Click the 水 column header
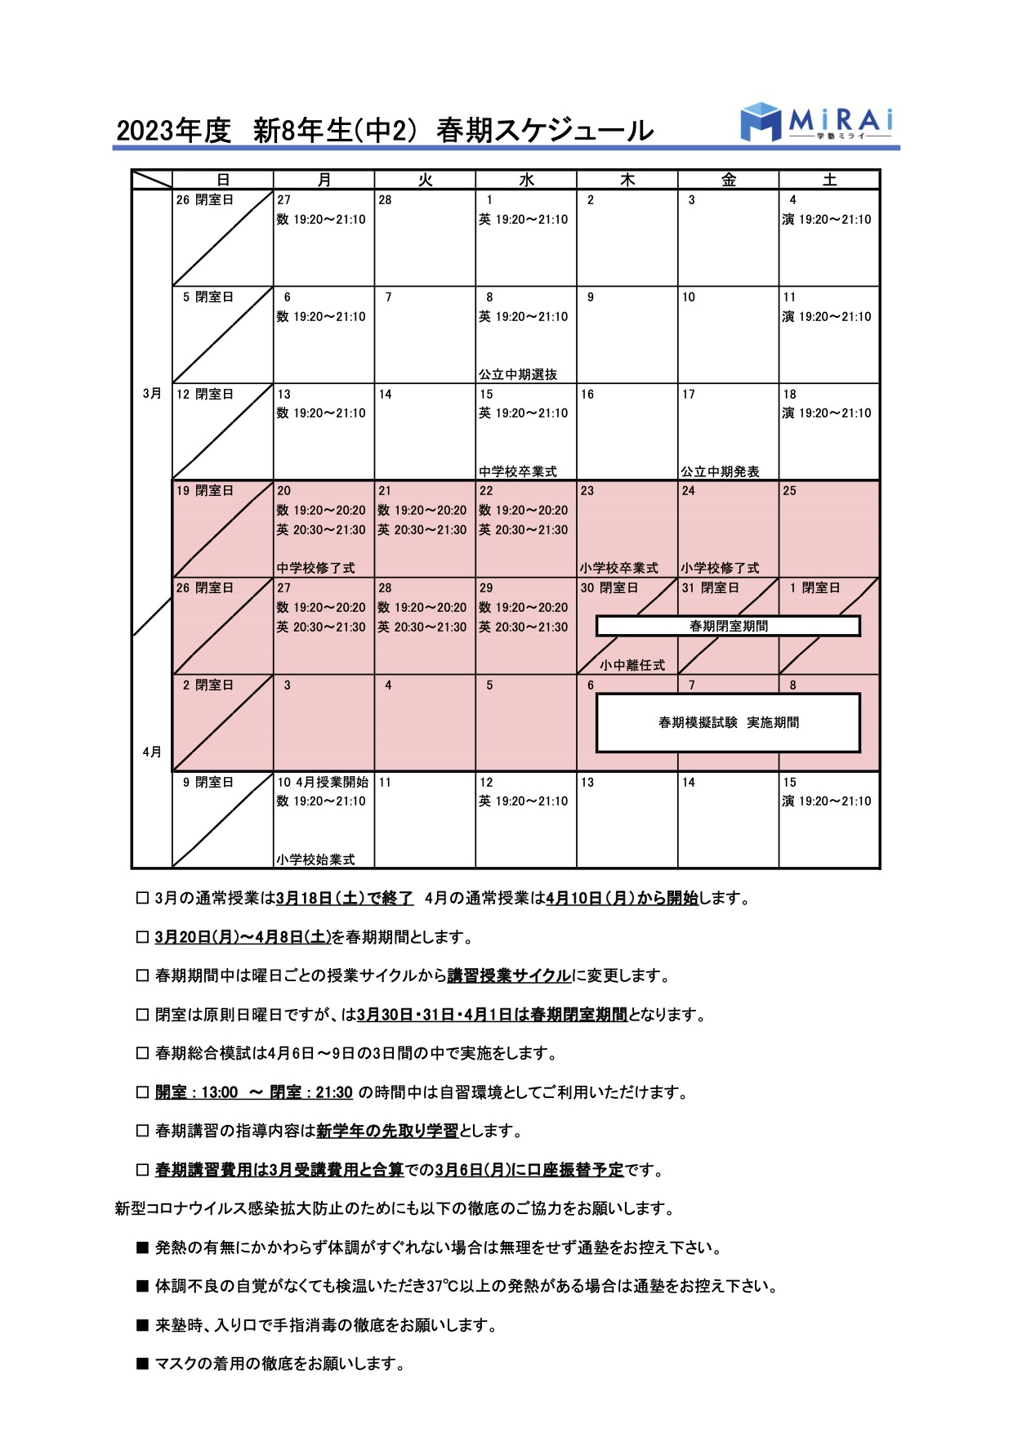point(526,180)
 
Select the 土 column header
point(829,180)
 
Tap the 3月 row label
point(152,394)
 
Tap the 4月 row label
point(152,752)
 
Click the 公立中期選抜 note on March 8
point(518,374)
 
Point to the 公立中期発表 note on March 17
point(720,471)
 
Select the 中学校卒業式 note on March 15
point(518,471)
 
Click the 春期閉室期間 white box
point(728,626)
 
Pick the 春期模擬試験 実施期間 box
point(728,722)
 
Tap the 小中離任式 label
point(632,665)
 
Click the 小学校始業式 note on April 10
point(315,859)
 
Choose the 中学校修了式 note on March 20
point(315,568)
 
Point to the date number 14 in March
point(386,394)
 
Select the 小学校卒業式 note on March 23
point(619,568)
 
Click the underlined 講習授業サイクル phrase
point(509,975)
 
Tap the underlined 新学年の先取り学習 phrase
point(387,1131)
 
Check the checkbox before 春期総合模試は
point(142,1053)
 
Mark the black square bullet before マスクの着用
point(142,1364)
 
